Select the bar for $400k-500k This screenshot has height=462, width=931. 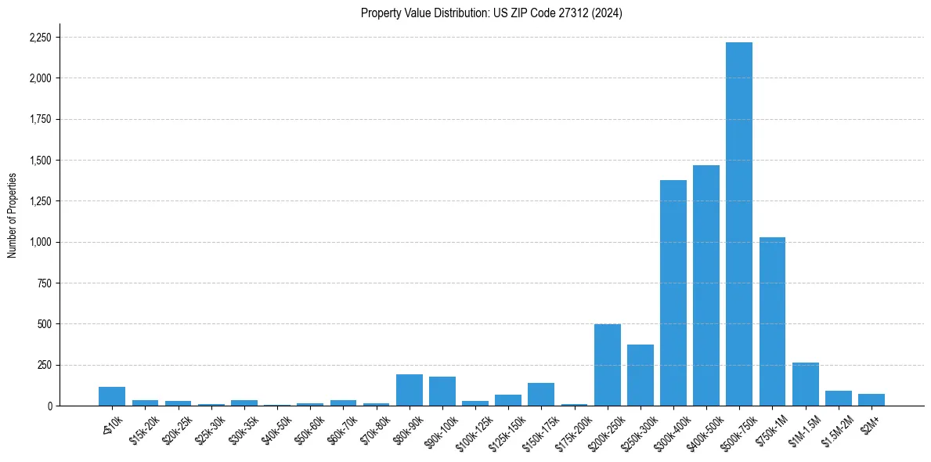(x=705, y=286)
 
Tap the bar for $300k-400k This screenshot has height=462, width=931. (x=673, y=293)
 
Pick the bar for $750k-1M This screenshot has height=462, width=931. (x=772, y=321)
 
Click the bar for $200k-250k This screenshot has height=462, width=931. (x=607, y=365)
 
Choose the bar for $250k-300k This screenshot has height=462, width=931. (x=640, y=375)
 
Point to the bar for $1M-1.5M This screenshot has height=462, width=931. (x=805, y=384)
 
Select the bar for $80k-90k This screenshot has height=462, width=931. (x=409, y=390)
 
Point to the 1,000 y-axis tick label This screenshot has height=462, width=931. (x=41, y=242)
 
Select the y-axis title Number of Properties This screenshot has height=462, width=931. (x=12, y=215)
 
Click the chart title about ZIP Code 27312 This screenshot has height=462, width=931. (x=491, y=13)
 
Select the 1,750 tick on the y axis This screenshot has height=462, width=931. (x=41, y=120)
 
